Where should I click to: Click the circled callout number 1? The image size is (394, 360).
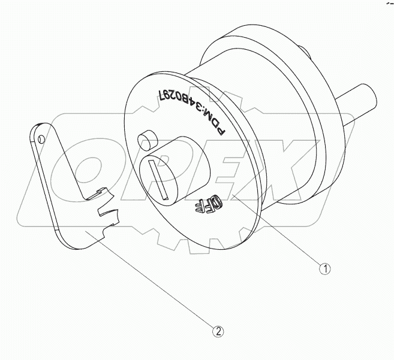click(x=324, y=269)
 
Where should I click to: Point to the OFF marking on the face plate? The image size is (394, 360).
click(x=205, y=206)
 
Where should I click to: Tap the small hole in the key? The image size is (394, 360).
click(x=41, y=139)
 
